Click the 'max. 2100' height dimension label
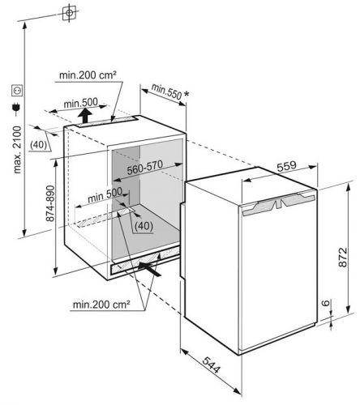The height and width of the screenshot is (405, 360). [x=18, y=149]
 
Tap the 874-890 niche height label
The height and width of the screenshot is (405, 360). [x=50, y=203]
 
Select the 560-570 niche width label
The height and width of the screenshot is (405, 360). [x=145, y=168]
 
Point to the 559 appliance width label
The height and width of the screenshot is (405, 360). [x=286, y=166]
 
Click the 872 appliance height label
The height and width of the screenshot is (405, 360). [x=343, y=258]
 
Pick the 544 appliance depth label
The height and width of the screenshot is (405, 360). [x=212, y=364]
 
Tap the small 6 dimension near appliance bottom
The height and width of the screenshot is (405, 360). [x=327, y=303]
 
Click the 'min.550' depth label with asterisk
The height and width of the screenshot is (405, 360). [x=170, y=92]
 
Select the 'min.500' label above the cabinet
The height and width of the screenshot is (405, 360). [x=80, y=103]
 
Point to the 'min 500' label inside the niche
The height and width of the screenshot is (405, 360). [x=105, y=195]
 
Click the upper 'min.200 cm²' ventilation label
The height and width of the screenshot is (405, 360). [x=88, y=75]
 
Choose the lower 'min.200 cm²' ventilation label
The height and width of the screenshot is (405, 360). [x=101, y=305]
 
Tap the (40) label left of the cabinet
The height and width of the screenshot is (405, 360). [x=38, y=145]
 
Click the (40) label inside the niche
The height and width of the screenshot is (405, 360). [x=144, y=226]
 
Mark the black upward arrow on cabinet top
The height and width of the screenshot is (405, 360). [x=85, y=115]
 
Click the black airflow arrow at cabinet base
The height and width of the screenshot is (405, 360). [x=149, y=268]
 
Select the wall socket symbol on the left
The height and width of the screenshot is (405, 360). [x=17, y=91]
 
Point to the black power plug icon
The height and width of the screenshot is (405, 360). [x=16, y=108]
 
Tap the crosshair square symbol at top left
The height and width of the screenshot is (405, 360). [x=69, y=13]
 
